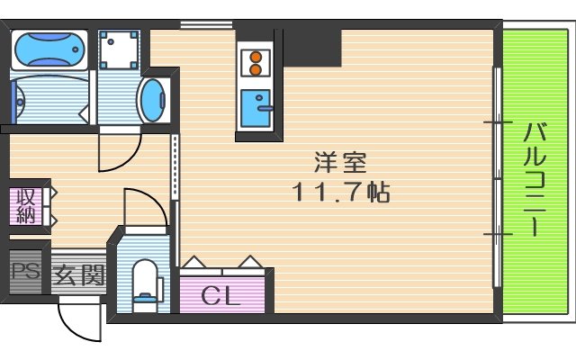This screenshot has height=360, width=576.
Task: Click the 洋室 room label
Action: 340,164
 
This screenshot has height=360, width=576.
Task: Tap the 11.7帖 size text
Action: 340,193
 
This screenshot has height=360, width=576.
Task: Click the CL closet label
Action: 221,295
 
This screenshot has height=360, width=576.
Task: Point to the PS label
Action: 25,271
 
